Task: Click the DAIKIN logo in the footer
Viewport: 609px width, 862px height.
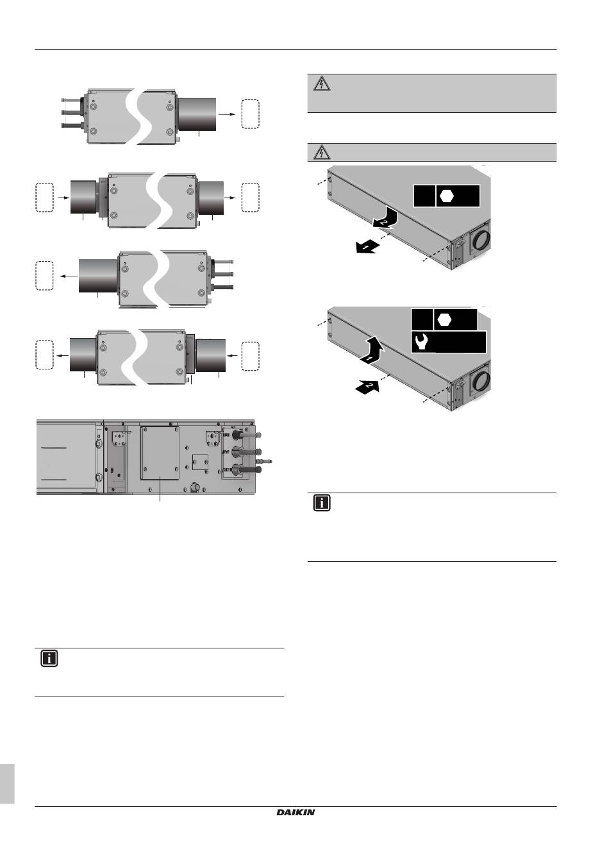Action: point(296,812)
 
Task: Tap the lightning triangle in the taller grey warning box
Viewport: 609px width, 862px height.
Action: point(322,83)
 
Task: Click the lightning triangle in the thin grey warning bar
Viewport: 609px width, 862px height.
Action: point(322,153)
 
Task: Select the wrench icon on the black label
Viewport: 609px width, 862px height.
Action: point(422,342)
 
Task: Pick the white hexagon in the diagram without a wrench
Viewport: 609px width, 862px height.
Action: point(447,196)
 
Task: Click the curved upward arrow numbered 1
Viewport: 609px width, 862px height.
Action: point(372,349)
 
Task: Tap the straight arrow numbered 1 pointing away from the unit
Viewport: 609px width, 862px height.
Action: point(367,247)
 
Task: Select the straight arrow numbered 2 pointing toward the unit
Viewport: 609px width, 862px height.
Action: point(367,386)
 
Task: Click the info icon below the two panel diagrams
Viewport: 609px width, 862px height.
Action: point(322,503)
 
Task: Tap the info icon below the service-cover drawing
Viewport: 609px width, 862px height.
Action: point(49,659)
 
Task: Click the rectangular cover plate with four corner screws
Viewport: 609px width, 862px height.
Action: point(160,453)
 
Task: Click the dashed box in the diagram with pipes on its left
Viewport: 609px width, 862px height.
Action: point(250,114)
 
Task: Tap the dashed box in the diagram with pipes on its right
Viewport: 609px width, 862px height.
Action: point(44,276)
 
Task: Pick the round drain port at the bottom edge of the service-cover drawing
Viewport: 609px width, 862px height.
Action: point(195,487)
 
